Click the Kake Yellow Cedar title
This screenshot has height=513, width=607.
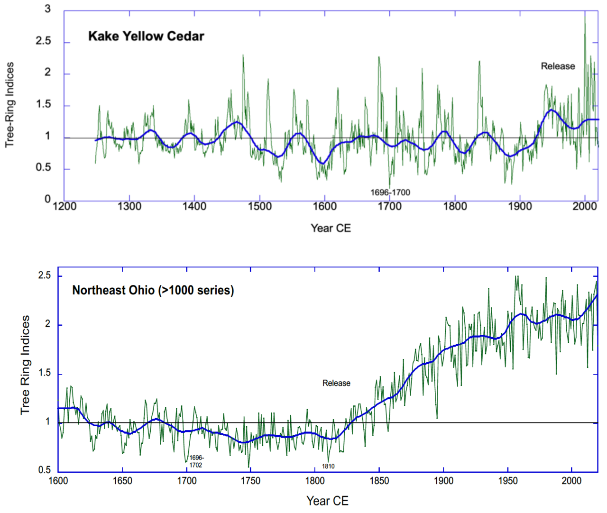146,37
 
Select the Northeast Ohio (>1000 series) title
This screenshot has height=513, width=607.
153,290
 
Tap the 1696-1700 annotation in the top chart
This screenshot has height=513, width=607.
390,192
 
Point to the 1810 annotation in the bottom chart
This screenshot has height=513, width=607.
328,467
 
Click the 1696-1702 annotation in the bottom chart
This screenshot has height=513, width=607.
196,461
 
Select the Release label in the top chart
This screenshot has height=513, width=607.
558,66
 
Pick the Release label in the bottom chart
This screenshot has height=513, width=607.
336,383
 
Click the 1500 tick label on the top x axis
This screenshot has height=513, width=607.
259,207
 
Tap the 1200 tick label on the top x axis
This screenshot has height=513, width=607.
64,207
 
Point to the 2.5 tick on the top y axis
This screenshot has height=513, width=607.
43,41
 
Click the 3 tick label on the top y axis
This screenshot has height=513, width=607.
47,9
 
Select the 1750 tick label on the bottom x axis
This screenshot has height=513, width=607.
250,481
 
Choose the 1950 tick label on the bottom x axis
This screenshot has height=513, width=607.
507,481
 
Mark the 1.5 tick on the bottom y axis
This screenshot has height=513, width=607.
44,373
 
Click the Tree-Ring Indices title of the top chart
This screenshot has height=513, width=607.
10,105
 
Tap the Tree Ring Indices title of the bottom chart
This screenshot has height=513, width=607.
25,365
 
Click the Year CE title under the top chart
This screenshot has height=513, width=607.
331,228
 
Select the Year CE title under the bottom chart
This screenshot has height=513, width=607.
327,501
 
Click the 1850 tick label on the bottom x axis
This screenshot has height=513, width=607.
379,481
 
